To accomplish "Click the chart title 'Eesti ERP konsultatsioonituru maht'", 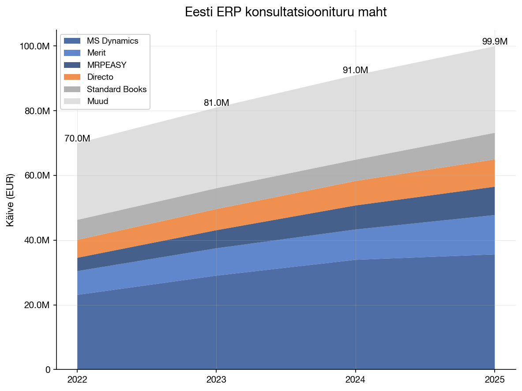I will [285, 12].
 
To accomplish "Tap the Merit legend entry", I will [96, 53].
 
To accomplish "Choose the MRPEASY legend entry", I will [106, 65].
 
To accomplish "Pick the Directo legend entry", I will [100, 77].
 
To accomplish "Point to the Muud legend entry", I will [98, 101].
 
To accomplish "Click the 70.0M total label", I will [77, 138].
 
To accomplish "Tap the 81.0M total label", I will [216, 103].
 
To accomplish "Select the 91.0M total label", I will [355, 71].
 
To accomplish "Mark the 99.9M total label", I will [495, 42].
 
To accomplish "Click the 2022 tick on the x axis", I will [77, 380].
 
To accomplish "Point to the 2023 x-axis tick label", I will [216, 380].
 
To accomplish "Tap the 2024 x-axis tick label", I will [355, 380].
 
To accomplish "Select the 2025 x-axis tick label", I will [495, 380].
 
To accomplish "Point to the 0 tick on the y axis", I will [48, 369].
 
